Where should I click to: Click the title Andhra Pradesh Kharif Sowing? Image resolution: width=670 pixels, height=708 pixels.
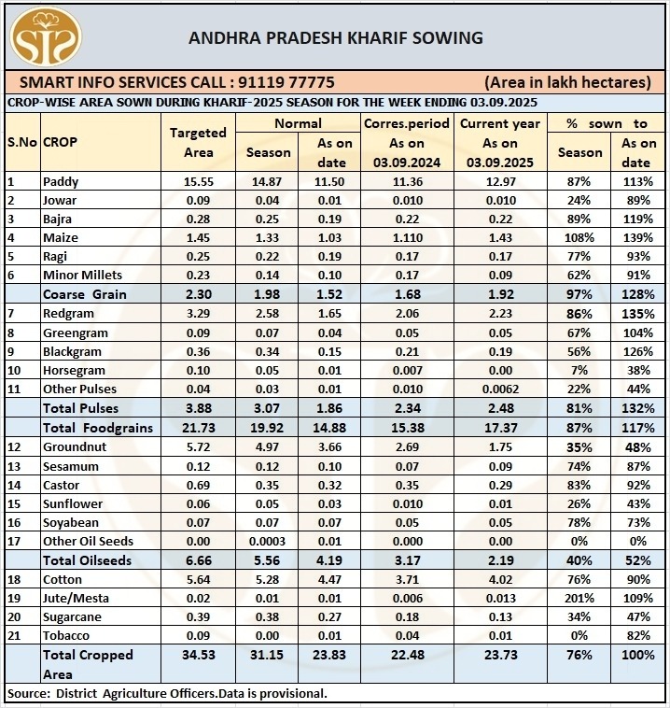[335, 38]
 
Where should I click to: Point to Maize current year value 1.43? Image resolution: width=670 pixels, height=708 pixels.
[500, 238]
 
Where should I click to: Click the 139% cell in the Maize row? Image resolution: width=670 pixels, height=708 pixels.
[639, 238]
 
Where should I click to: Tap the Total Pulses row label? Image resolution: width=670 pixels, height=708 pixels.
[86, 408]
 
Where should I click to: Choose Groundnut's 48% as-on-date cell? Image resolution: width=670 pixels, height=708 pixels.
[639, 446]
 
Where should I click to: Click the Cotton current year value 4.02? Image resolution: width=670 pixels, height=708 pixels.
[500, 579]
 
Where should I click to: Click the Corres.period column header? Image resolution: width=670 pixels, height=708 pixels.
[407, 123]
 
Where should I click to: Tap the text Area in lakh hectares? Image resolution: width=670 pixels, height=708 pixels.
[567, 82]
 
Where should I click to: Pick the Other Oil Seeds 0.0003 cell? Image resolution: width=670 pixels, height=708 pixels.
[268, 541]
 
